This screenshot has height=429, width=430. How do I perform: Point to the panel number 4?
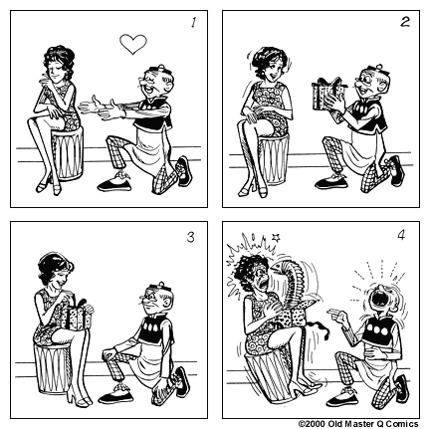403,237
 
